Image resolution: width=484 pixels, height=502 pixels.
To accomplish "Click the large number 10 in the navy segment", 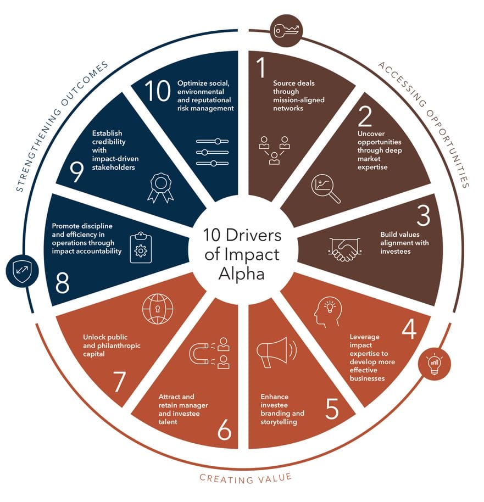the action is click(x=157, y=91).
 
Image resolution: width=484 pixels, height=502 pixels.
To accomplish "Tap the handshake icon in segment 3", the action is click(x=345, y=249).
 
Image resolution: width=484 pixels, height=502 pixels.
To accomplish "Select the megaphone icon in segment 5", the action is click(x=277, y=352).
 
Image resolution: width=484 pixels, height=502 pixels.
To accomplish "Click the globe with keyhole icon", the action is click(x=158, y=309).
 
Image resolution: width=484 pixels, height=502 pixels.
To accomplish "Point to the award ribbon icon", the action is click(x=160, y=188).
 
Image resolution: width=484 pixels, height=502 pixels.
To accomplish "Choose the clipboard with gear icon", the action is click(x=141, y=248).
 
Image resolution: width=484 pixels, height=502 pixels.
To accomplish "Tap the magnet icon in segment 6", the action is click(x=209, y=353).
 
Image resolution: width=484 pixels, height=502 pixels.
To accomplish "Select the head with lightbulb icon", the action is click(x=327, y=312).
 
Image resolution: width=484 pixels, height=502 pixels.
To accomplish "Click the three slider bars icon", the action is click(x=213, y=152).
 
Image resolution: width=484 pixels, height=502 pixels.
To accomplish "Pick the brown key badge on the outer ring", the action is click(x=286, y=31).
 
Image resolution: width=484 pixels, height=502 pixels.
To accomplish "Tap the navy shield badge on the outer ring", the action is click(x=22, y=271).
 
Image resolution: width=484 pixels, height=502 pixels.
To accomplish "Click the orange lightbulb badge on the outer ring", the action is click(x=435, y=364).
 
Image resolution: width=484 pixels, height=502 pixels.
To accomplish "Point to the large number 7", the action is click(x=119, y=381).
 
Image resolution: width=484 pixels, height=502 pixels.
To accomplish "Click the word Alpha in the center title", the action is click(x=242, y=274).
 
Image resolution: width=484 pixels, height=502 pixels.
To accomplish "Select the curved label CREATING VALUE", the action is click(x=246, y=478).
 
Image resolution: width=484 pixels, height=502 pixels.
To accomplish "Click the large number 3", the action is click(x=424, y=215).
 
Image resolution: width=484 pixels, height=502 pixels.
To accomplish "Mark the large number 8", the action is click(x=62, y=282).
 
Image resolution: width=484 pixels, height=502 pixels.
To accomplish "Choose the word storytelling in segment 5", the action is click(x=279, y=422).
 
